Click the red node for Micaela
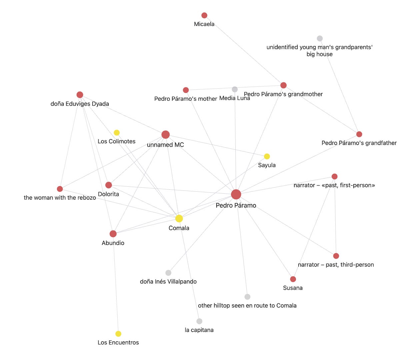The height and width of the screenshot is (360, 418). coord(204,15)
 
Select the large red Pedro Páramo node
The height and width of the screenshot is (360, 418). coord(236,194)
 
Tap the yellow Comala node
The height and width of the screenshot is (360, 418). coord(179,219)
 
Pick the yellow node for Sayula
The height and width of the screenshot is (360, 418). coord(267,156)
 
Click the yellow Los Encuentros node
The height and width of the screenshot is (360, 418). coord(118,334)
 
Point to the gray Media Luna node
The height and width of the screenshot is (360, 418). coord(235,89)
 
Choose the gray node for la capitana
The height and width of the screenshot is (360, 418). coord(199,321)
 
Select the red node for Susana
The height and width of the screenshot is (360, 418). coord(293,279)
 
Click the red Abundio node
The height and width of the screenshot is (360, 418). coord(113,234)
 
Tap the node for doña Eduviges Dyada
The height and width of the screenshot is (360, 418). coord(80,95)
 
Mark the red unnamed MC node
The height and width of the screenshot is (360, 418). coord(166,135)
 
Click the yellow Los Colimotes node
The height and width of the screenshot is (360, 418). coord(117,133)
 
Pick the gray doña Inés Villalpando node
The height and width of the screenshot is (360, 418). coord(168,273)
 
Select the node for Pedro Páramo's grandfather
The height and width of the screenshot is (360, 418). coord(359,134)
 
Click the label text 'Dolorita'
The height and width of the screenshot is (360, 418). coord(108,194)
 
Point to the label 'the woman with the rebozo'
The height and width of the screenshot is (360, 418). coord(60,198)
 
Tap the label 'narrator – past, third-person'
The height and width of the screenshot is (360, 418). coord(336,265)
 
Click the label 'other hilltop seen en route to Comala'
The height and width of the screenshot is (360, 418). coord(247,305)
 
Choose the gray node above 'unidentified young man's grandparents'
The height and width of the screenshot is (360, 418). coord(320,38)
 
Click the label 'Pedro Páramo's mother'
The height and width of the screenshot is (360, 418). coord(186,99)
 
